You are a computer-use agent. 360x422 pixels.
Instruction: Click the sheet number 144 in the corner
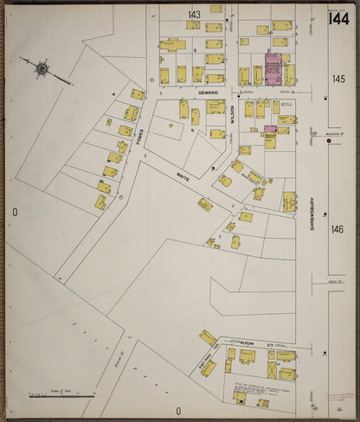tap(338, 18)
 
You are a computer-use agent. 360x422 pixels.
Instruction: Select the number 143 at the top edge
tap(194, 15)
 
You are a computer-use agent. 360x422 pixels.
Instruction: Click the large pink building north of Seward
tap(273, 69)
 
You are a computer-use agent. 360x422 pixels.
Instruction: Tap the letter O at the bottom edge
tap(179, 412)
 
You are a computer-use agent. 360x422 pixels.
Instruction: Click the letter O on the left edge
tap(15, 212)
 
